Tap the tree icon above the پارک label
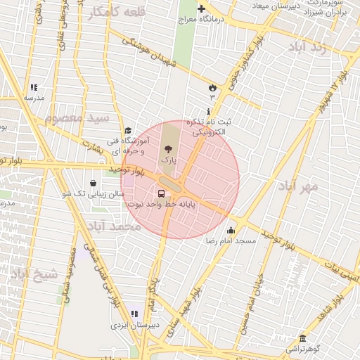pyautogui.click(x=168, y=149)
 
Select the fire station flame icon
pyautogui.click(x=212, y=86)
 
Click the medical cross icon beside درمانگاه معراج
pyautogui.click(x=202, y=9)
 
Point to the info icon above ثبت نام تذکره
pyautogui.click(x=208, y=112)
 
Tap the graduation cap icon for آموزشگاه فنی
pyautogui.click(x=128, y=131)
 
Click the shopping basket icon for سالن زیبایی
pyautogui.click(x=93, y=183)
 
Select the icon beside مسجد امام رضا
pyautogui.click(x=231, y=230)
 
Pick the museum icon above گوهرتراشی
pyautogui.click(x=302, y=338)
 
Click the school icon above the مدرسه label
pyautogui.click(x=33, y=88)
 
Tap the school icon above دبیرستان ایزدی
pyautogui.click(x=134, y=314)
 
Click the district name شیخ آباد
pyautogui.click(x=34, y=275)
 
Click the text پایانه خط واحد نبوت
pyautogui.click(x=162, y=204)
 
